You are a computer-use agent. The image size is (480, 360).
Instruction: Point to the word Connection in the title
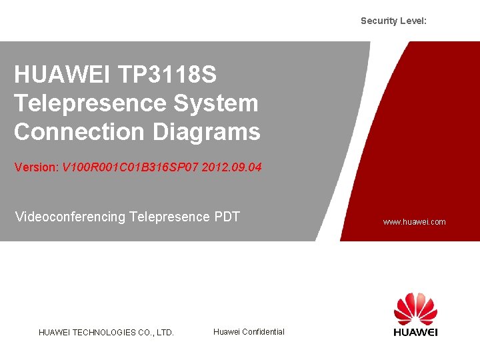(x=79, y=131)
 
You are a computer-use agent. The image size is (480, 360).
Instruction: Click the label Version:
(x=37, y=167)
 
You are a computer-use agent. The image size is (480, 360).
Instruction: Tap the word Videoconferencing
(x=69, y=217)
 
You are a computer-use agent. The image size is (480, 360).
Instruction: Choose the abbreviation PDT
(x=227, y=217)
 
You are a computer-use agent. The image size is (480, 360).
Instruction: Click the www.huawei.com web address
(x=414, y=222)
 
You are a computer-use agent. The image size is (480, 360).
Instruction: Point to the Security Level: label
(x=393, y=21)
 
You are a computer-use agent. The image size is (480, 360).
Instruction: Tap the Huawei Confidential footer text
(x=249, y=332)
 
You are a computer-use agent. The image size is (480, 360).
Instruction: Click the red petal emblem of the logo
(x=415, y=309)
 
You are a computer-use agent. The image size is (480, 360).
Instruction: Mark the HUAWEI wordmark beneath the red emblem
(x=415, y=332)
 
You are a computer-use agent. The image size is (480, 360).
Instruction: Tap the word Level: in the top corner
(x=413, y=21)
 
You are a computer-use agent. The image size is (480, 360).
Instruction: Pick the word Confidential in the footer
(x=263, y=332)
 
